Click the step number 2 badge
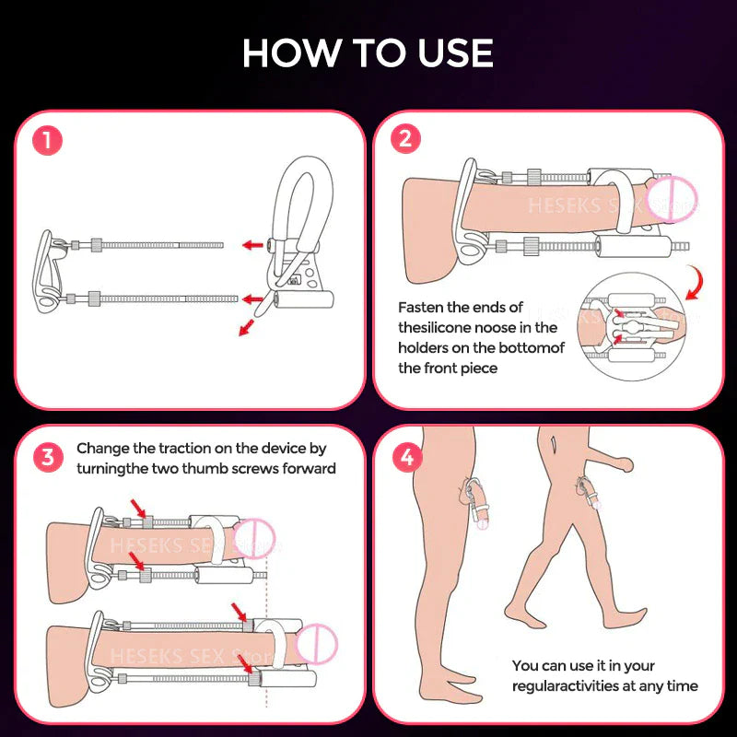406,140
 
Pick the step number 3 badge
47,458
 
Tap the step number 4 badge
406,458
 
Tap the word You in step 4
526,665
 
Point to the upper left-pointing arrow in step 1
250,244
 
